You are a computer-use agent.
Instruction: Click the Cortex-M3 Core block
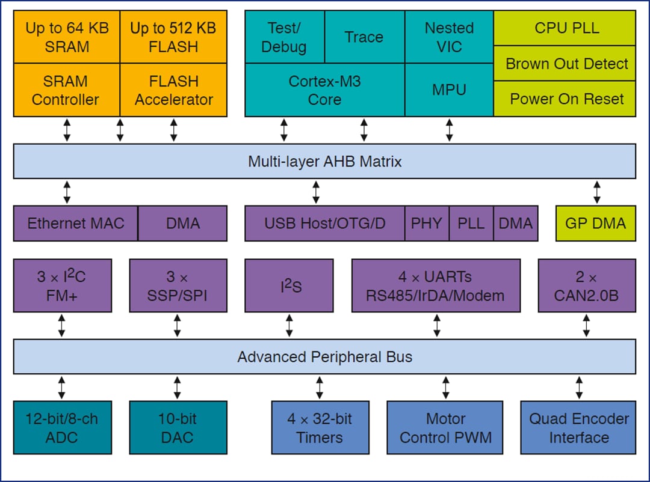pos(324,90)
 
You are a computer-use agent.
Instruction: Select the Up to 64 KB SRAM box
pos(67,37)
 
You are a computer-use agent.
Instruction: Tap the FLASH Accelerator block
pos(173,90)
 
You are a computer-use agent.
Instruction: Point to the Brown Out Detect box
pos(566,64)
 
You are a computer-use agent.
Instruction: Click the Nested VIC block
pos(449,37)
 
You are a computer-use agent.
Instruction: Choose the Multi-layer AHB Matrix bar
pos(324,161)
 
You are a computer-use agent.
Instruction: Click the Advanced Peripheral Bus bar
pos(324,356)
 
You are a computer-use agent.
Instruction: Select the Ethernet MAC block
pos(76,224)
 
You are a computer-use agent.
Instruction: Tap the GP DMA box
pos(595,224)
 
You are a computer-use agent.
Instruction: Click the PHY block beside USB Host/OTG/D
pos(427,224)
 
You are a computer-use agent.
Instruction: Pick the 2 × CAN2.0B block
pos(586,285)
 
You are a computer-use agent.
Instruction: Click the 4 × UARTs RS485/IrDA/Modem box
pos(436,285)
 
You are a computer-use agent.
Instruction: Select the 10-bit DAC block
pos(178,427)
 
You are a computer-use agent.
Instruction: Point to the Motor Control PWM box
pos(445,427)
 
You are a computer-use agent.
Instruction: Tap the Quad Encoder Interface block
pos(578,427)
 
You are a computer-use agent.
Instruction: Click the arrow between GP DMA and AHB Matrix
pos(596,192)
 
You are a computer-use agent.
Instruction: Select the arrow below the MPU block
pos(449,130)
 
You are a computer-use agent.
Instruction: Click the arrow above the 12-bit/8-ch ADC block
pos(62,388)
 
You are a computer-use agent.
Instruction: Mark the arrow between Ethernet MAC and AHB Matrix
pos(67,192)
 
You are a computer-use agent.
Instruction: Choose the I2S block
pos(289,285)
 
